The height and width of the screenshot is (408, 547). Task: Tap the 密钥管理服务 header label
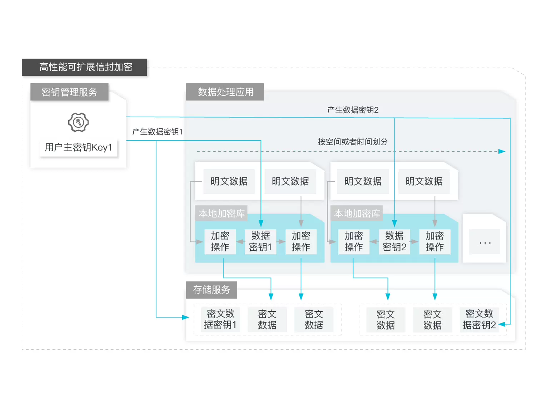point(69,92)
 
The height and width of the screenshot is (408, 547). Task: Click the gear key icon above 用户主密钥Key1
point(78,122)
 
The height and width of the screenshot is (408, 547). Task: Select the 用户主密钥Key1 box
point(78,147)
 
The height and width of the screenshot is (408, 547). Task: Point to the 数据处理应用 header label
point(225,92)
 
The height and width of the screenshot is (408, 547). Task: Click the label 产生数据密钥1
point(157,132)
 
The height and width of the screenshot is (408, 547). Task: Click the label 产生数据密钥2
point(353,110)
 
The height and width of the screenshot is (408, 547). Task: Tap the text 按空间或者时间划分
point(353,142)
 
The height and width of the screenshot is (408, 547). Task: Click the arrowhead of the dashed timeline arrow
point(502,151)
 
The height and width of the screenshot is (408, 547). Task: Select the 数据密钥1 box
point(260,241)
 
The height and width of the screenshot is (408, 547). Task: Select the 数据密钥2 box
point(394,241)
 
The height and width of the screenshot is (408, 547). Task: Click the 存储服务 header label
point(212,290)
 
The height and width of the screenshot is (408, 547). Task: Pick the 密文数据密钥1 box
point(220,319)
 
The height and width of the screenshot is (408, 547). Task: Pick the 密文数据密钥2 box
point(479,320)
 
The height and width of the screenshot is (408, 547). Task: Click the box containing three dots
point(485,242)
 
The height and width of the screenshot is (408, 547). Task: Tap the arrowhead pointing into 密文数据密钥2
point(502,324)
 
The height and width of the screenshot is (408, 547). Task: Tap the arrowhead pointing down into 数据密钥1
point(261,224)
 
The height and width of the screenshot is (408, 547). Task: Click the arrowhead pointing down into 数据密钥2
point(394,224)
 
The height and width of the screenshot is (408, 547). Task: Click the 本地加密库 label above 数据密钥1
point(222,213)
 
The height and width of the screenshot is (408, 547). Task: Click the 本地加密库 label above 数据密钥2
point(357,213)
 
